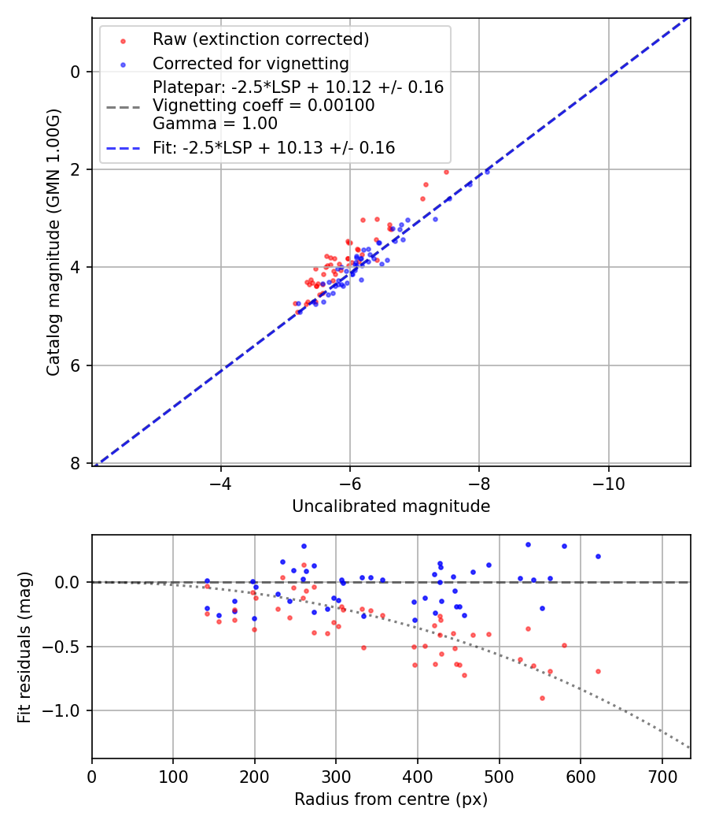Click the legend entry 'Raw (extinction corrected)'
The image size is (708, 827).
pyautogui.click(x=260, y=39)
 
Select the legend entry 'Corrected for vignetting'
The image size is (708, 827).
pyautogui.click(x=250, y=64)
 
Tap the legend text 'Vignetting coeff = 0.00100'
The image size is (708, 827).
pyautogui.click(x=264, y=106)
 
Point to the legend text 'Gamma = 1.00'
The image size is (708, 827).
pyautogui.click(x=215, y=123)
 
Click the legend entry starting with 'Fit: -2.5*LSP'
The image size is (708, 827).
pyautogui.click(x=274, y=147)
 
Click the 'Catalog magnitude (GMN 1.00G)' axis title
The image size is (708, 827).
pyautogui.click(x=53, y=241)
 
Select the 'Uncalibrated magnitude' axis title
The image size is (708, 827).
pyautogui.click(x=391, y=506)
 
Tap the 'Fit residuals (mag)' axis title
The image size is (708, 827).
pyautogui.click(x=24, y=646)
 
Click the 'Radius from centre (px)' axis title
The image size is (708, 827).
pyautogui.click(x=391, y=799)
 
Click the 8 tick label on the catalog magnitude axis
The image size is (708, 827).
pyautogui.click(x=76, y=463)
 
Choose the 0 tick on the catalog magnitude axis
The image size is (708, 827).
pyautogui.click(x=76, y=72)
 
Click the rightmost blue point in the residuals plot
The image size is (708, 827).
pyautogui.click(x=598, y=556)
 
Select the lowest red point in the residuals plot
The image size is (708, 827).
pyautogui.click(x=542, y=698)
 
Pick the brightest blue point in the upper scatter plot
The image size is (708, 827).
pyautogui.click(x=487, y=171)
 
